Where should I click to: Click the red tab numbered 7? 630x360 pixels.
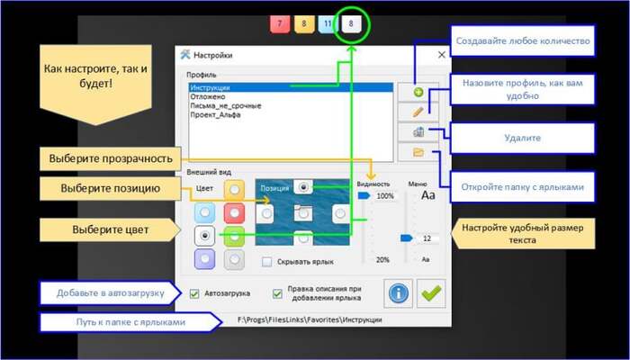pyautogui.click(x=280, y=23)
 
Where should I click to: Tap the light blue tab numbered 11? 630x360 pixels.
pyautogui.click(x=328, y=23)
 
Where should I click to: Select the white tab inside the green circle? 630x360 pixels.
pyautogui.click(x=351, y=23)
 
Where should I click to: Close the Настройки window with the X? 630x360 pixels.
pyautogui.click(x=442, y=55)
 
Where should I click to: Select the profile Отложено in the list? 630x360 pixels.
pyautogui.click(x=208, y=97)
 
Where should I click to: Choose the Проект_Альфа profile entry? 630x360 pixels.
pyautogui.click(x=215, y=115)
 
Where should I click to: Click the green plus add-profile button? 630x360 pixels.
pyautogui.click(x=418, y=93)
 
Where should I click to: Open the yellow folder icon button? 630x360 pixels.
pyautogui.click(x=418, y=152)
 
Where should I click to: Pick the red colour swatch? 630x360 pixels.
pyautogui.click(x=234, y=213)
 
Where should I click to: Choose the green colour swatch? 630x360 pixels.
pyautogui.click(x=234, y=236)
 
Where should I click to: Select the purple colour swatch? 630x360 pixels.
pyautogui.click(x=204, y=259)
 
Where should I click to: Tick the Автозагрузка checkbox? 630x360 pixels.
pyautogui.click(x=194, y=293)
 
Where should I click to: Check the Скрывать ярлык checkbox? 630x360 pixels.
pyautogui.click(x=266, y=262)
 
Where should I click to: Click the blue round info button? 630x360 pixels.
pyautogui.click(x=399, y=293)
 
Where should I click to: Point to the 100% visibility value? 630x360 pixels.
pyautogui.click(x=385, y=196)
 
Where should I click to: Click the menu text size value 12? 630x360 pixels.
pyautogui.click(x=427, y=238)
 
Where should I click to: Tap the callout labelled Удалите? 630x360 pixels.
pyautogui.click(x=522, y=139)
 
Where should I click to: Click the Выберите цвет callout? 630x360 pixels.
pyautogui.click(x=111, y=229)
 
